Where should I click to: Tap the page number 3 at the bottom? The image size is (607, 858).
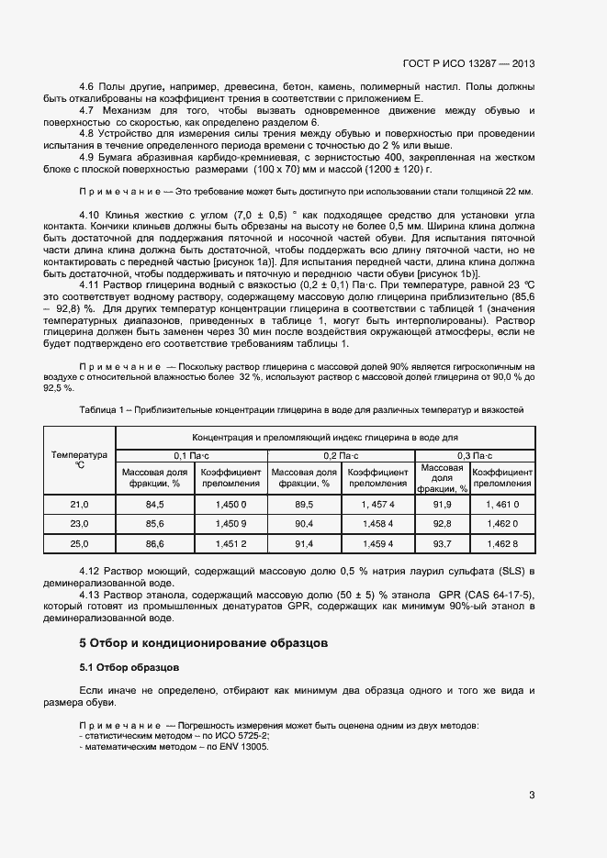click(532, 795)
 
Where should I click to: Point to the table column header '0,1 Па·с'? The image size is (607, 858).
click(192, 455)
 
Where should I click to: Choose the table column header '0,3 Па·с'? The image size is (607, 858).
click(475, 455)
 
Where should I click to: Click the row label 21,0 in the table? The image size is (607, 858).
click(80, 505)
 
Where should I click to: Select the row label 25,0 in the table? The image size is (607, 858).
click(80, 544)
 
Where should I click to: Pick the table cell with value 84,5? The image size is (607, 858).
click(154, 505)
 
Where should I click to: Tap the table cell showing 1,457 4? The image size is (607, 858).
click(378, 505)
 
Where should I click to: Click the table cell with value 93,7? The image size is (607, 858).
click(443, 544)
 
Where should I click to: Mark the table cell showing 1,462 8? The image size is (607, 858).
click(502, 544)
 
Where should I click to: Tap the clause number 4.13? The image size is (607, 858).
click(93, 596)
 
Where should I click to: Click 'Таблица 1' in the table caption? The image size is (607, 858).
click(101, 408)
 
